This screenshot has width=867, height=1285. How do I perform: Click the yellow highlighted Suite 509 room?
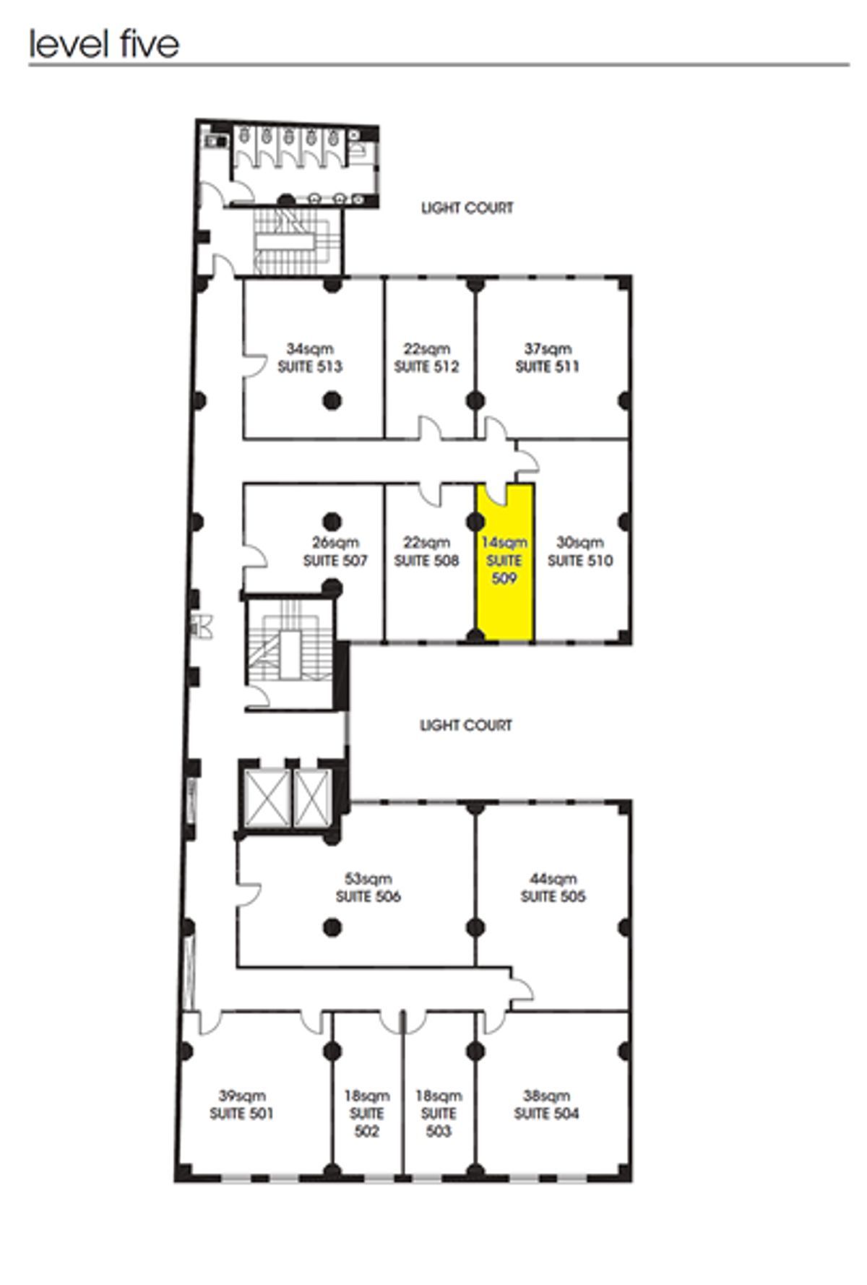(x=505, y=562)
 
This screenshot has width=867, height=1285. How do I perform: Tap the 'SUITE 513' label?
(x=310, y=366)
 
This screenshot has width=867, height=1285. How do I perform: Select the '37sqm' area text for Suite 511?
(x=547, y=349)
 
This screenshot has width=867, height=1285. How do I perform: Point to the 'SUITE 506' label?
(x=368, y=896)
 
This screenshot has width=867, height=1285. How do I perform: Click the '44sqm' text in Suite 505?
(x=553, y=879)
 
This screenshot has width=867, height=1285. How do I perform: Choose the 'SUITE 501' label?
(x=241, y=1114)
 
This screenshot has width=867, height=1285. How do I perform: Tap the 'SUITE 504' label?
(x=546, y=1114)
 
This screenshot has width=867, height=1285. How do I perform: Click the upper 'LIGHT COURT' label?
(x=467, y=208)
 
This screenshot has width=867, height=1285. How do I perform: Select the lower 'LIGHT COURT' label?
(x=466, y=725)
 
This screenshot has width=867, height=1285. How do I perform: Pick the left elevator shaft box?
(x=267, y=797)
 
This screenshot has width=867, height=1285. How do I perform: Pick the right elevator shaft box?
(x=313, y=797)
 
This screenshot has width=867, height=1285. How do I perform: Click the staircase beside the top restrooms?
(x=297, y=243)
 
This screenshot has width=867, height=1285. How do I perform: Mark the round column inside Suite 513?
(x=332, y=400)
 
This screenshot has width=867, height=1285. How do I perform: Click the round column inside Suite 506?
(x=332, y=927)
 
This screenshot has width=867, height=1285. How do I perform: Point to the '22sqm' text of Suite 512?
(x=426, y=349)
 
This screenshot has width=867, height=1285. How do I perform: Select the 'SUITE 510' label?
(x=580, y=560)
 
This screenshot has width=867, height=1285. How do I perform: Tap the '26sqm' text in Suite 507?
(x=335, y=543)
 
